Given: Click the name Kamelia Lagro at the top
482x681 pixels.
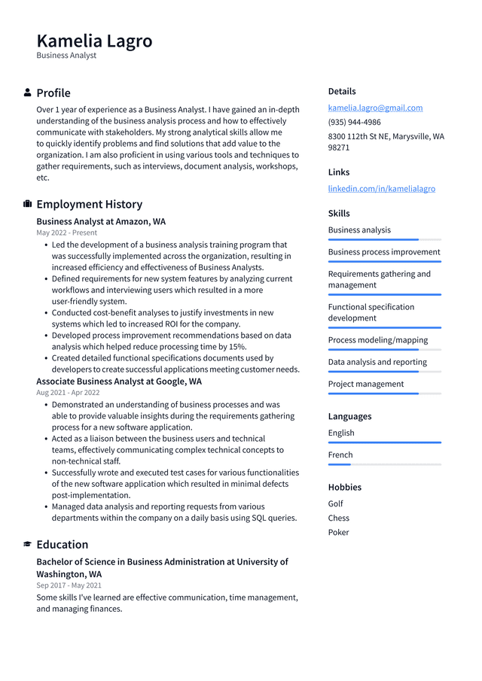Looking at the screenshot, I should (x=94, y=41).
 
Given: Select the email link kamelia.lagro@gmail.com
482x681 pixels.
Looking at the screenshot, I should (x=375, y=108).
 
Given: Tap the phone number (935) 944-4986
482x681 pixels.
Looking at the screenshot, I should (x=354, y=122).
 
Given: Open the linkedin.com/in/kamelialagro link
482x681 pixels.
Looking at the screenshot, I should (x=381, y=188).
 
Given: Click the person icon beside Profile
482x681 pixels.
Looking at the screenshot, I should (x=28, y=93).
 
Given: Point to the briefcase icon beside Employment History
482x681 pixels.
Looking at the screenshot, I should (x=28, y=204).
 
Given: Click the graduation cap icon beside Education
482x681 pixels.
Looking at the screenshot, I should (x=28, y=544).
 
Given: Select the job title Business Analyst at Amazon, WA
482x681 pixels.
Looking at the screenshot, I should (x=101, y=221).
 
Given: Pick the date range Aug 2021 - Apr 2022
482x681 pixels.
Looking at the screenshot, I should (x=68, y=392).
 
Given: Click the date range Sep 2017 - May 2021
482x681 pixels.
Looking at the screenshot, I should (x=69, y=585).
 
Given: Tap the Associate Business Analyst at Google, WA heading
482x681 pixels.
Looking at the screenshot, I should (x=119, y=382).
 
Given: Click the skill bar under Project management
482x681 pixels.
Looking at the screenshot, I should (x=384, y=394).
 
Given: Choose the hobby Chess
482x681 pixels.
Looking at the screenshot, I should (x=338, y=518).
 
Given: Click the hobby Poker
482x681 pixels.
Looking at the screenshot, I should (x=338, y=532).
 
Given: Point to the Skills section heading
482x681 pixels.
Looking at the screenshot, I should (x=339, y=213).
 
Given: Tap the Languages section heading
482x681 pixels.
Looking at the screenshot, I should (x=349, y=416).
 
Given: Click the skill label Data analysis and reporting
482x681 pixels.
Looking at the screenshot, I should (x=377, y=362).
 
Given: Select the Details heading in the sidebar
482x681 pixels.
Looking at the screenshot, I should (x=342, y=91).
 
